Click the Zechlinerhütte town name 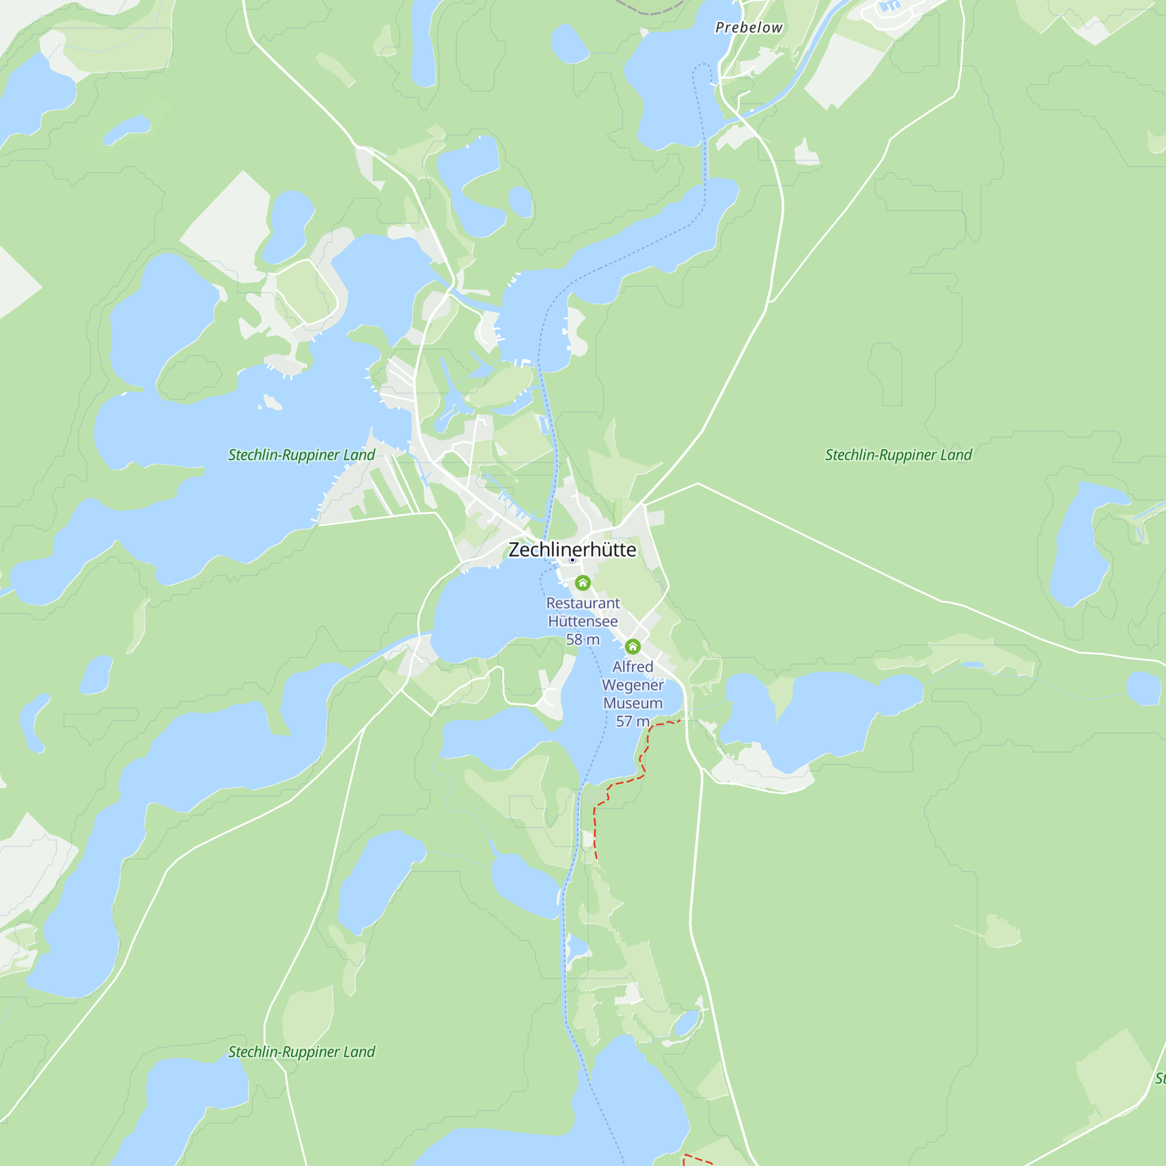tap(571, 549)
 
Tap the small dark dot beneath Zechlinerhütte tap(572, 560)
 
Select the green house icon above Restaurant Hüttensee tap(582, 582)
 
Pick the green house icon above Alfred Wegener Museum tap(633, 647)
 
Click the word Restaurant tap(582, 603)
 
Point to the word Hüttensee tap(582, 621)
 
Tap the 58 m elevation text tap(582, 639)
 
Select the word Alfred tap(633, 666)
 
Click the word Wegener tap(633, 685)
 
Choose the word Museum tap(633, 703)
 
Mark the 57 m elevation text tap(632, 721)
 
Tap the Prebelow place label tap(749, 28)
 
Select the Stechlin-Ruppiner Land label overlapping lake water tap(301, 455)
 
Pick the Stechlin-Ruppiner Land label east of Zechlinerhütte tap(898, 455)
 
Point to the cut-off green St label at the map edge tap(1160, 1079)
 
